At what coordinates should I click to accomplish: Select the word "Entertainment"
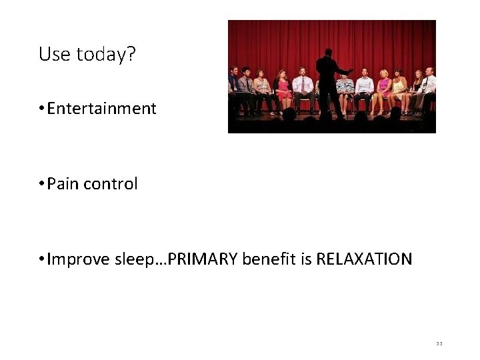tap(102, 109)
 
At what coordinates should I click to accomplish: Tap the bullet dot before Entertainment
tap(41, 109)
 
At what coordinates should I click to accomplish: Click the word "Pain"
tap(63, 184)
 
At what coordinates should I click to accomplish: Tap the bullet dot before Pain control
tap(41, 185)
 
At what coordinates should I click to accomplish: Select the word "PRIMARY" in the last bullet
tap(203, 259)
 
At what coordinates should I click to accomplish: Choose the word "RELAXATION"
tap(364, 259)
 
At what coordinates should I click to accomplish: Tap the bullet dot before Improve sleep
tap(41, 259)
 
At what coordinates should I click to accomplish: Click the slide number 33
tap(439, 343)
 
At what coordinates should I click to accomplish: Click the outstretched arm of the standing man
tap(345, 70)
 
